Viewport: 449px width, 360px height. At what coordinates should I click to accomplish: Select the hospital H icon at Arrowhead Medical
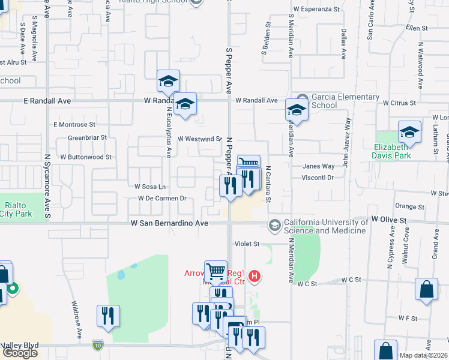[255, 276]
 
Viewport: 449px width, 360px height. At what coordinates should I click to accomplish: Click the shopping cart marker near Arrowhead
[216, 271]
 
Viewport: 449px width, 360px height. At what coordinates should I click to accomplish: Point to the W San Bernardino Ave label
[169, 223]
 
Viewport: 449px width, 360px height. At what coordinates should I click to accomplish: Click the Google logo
[20, 353]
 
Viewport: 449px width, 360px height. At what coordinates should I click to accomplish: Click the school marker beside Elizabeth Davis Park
[410, 131]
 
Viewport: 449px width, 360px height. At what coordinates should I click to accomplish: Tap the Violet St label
[247, 244]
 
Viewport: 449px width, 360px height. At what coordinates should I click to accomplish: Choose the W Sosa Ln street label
[150, 187]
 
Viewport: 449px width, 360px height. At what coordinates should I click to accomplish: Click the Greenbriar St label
[87, 137]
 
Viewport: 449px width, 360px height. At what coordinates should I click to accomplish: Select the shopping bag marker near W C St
[426, 289]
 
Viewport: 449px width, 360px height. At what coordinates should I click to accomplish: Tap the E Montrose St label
[74, 125]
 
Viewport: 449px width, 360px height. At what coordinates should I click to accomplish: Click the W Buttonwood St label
[86, 157]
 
